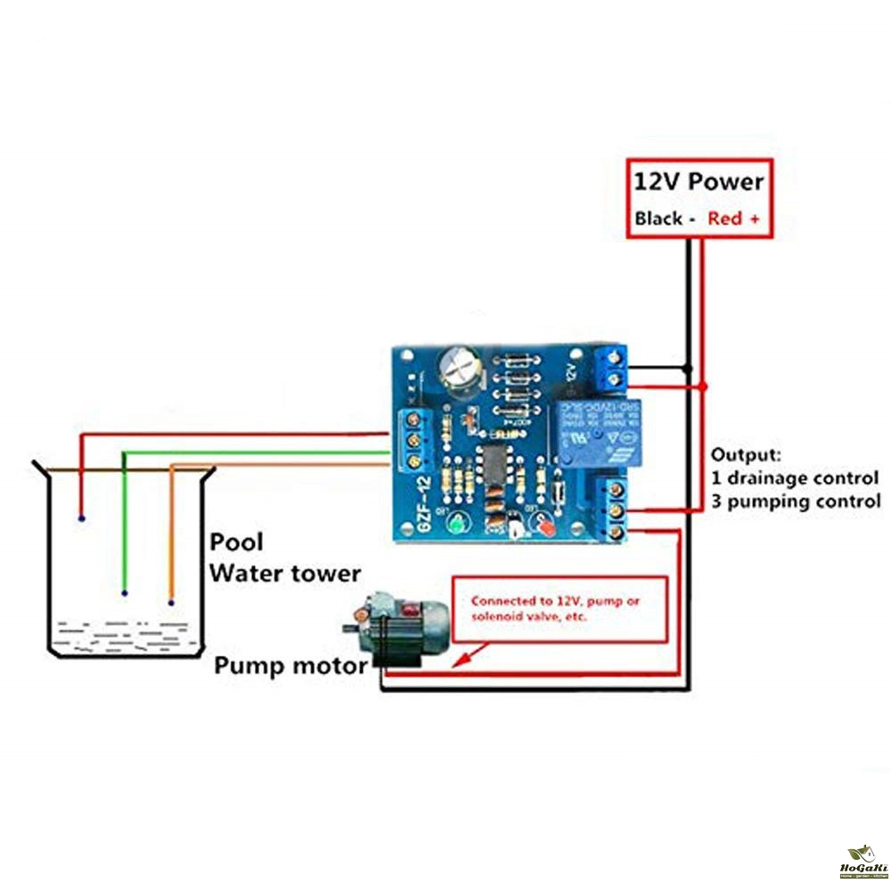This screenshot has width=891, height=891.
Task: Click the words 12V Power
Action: tap(699, 182)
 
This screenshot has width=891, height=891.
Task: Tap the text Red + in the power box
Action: tap(734, 218)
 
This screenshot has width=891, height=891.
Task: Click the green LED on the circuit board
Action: tap(455, 525)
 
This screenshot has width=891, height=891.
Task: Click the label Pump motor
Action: tap(290, 666)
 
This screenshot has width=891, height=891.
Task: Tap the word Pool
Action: tap(237, 542)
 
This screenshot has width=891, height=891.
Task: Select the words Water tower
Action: tap(285, 572)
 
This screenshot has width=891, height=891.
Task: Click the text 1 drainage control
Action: tap(795, 478)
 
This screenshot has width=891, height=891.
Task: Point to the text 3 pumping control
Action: tap(796, 501)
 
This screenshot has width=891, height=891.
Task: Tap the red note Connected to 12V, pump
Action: tap(555, 601)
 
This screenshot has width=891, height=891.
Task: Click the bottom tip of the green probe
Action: tap(125, 593)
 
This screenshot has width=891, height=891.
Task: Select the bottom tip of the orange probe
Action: tap(170, 602)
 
